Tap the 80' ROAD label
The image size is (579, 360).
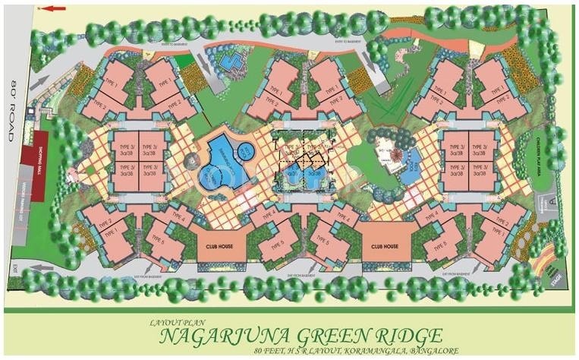coord(13,110)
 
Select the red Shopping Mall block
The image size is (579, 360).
coord(39,150)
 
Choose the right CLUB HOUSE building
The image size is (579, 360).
coord(380,247)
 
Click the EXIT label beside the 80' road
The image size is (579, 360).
coord(14,267)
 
